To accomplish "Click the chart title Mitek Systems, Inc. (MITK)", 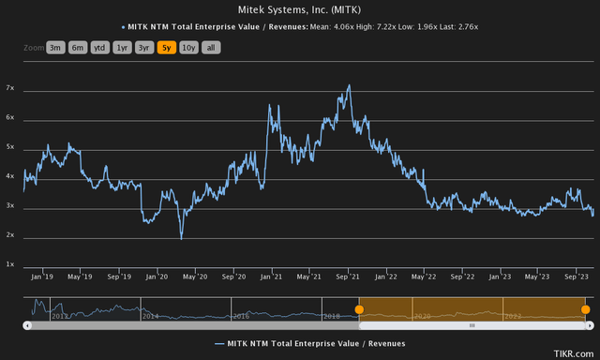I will pos(300,9).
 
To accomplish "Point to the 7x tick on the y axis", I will pos(10,88).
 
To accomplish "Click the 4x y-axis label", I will pos(10,176).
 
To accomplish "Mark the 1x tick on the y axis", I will pos(10,264).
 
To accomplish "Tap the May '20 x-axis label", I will pos(195,277).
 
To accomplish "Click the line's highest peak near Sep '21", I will pos(350,85).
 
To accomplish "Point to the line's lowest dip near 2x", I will pos(181,238).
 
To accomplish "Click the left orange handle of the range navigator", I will pos(359,309).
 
